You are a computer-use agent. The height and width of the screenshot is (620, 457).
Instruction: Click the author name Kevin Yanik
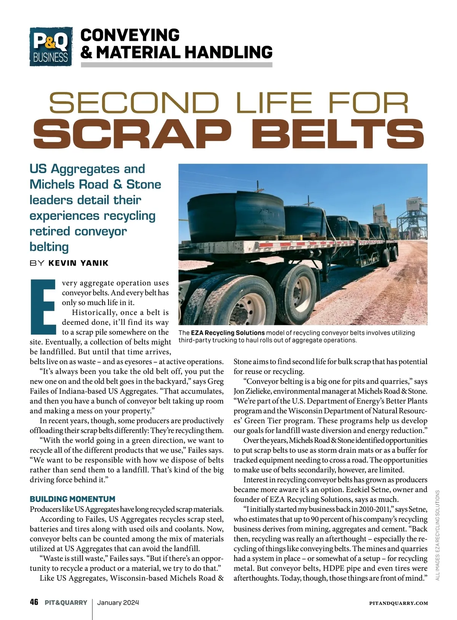78,263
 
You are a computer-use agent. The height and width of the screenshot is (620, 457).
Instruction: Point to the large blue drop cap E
44,307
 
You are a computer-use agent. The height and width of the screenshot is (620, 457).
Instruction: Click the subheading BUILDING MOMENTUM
72,499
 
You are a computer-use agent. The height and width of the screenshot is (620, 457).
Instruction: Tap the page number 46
34,602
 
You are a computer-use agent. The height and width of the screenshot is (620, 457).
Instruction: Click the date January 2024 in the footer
118,603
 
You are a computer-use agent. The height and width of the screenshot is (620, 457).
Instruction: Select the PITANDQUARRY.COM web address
398,603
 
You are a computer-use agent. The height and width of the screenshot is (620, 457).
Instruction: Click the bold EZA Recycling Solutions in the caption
228,333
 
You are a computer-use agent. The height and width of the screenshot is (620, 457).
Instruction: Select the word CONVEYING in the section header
130,35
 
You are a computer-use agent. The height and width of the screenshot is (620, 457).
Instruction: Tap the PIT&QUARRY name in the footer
66,603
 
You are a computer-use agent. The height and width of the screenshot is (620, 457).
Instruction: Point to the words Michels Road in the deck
69,185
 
